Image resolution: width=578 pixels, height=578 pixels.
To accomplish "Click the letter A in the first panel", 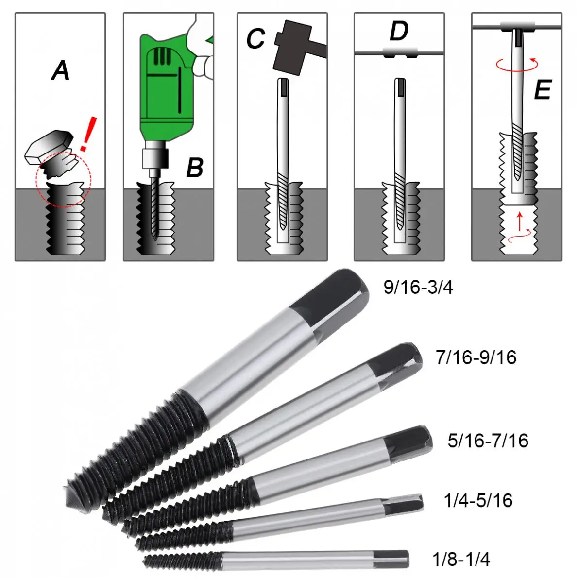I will pos(61,71).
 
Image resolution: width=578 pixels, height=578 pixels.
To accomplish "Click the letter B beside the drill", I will pos(195,168).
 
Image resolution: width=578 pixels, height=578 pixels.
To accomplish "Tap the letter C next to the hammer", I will pos(255,39).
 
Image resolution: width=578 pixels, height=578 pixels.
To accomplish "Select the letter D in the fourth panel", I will pos(399,32).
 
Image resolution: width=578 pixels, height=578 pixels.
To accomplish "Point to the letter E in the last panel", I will pos(542,91).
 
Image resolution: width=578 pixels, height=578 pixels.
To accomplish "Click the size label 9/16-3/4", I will pos(418,287).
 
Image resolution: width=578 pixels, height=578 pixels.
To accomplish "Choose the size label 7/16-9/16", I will pos(476,357).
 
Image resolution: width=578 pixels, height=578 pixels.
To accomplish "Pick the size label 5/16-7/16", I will pos(488,441).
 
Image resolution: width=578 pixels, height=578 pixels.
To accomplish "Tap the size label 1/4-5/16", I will pos(478,500).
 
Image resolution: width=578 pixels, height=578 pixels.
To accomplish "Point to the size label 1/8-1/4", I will pos(461,559).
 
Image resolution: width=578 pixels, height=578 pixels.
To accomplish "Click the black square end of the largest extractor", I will pos(335,301).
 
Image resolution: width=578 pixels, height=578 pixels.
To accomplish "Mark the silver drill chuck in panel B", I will pos(154,158).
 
